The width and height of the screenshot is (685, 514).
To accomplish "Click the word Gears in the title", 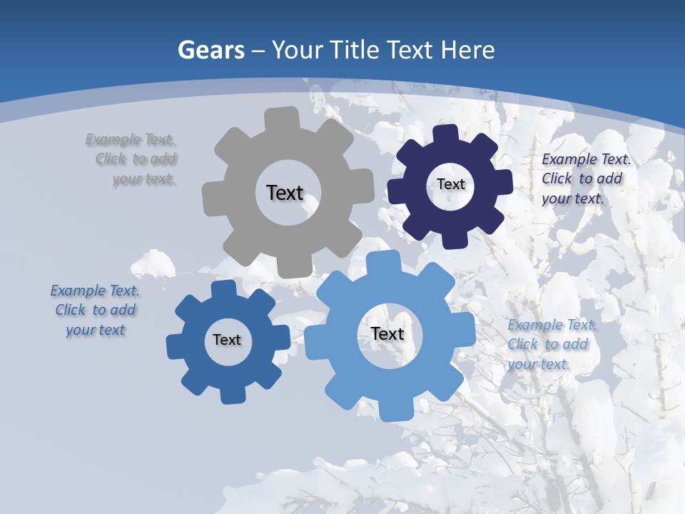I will pyautogui.click(x=211, y=50).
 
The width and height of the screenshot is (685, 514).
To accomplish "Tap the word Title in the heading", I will pyautogui.click(x=358, y=50).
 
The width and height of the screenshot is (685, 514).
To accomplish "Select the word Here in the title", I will pyautogui.click(x=468, y=50).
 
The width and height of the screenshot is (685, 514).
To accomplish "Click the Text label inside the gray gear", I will pyautogui.click(x=285, y=193).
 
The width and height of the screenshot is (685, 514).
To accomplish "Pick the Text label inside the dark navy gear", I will pyautogui.click(x=451, y=184).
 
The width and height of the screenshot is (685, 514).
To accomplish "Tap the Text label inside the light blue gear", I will pyautogui.click(x=387, y=333).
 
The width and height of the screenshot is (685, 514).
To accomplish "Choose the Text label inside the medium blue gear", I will pyautogui.click(x=227, y=340).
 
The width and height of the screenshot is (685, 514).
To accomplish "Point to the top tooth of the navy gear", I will pyautogui.click(x=446, y=135).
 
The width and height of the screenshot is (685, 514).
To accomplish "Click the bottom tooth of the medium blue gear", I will pyautogui.click(x=231, y=395).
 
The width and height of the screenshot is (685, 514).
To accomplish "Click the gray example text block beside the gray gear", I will pyautogui.click(x=136, y=159).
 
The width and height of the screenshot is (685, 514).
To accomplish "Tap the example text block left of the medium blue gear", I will pyautogui.click(x=96, y=310).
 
